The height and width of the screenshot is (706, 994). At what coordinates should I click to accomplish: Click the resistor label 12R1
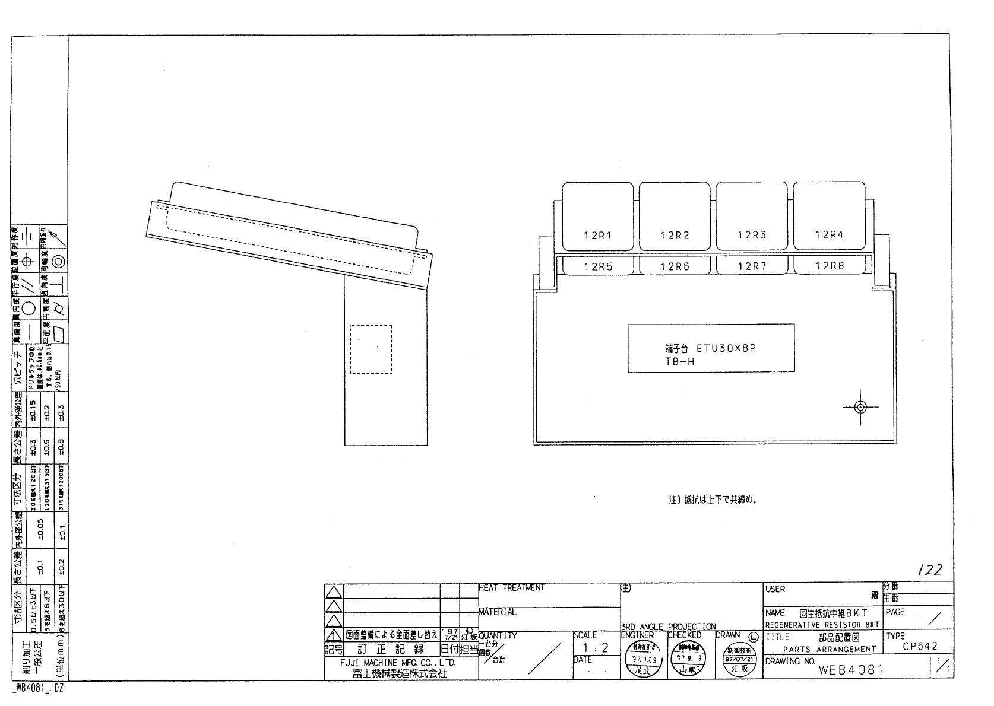tap(597, 236)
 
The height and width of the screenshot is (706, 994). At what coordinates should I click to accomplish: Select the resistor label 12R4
tap(829, 235)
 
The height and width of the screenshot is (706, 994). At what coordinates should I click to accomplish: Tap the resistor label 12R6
tap(675, 267)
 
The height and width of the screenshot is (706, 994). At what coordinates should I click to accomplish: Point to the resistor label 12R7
tap(752, 266)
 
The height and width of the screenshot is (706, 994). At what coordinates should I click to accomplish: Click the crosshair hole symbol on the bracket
tap(860, 407)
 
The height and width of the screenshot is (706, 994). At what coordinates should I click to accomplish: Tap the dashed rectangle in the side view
tap(371, 349)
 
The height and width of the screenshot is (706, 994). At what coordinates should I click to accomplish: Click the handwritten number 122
tap(929, 570)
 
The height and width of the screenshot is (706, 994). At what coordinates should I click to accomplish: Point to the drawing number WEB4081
tap(851, 670)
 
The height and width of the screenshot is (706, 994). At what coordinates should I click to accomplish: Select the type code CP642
tap(920, 647)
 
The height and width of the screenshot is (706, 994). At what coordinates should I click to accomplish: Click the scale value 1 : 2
tap(596, 648)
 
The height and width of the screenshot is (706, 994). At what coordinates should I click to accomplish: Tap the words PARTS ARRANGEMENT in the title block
tap(829, 650)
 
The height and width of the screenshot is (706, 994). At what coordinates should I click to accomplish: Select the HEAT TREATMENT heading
tap(512, 588)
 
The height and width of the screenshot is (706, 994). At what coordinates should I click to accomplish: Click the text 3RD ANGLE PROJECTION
tap(668, 627)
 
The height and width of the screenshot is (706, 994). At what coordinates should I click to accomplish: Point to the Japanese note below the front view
tap(714, 500)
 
